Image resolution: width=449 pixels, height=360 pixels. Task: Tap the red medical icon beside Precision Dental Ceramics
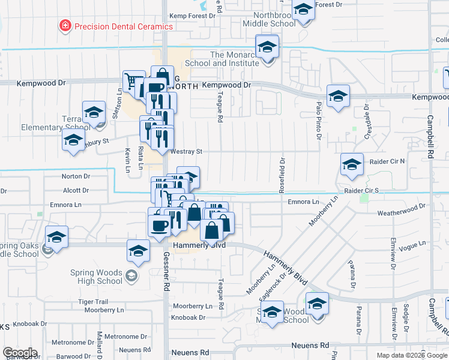click(64, 26)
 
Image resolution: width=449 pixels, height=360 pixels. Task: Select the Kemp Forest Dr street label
click(192, 16)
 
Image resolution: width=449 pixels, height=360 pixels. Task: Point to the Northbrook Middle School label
click(269, 19)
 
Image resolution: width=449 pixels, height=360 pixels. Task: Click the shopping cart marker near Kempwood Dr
click(133, 82)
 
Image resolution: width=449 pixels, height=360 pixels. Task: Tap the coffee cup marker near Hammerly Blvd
click(159, 226)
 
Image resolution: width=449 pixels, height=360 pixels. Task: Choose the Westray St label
click(185, 152)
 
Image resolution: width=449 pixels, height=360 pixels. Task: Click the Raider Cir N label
click(383, 161)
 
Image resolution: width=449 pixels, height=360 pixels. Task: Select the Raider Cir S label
click(361, 190)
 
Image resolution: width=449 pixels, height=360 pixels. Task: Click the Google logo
click(20, 353)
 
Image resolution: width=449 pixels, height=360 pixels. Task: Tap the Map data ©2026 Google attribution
click(412, 355)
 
